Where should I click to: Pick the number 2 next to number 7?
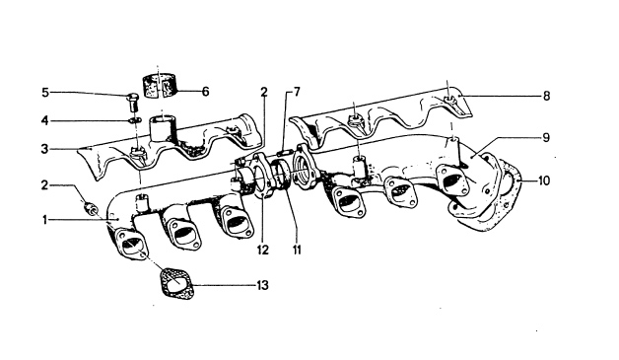coord(263,91)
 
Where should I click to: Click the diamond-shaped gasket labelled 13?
coord(173,284)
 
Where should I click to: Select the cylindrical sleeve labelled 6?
coord(162,85)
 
